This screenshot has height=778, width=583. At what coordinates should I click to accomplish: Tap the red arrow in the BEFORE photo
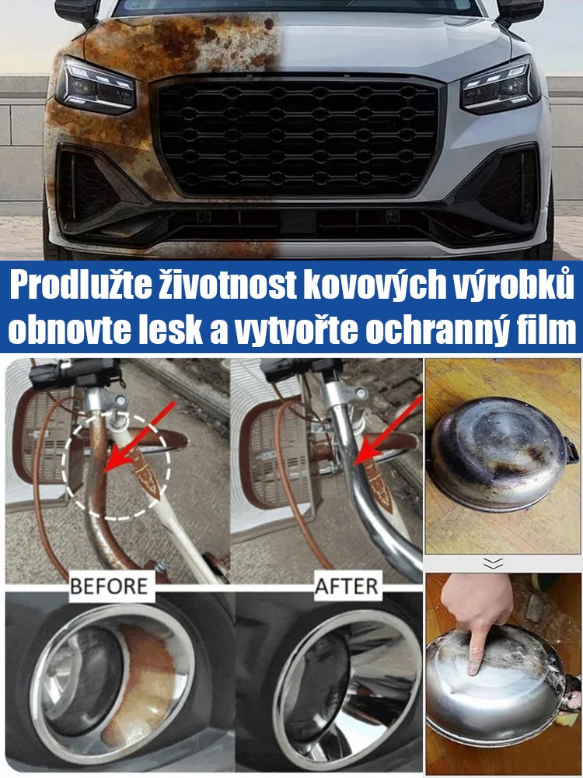pos(135,440)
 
